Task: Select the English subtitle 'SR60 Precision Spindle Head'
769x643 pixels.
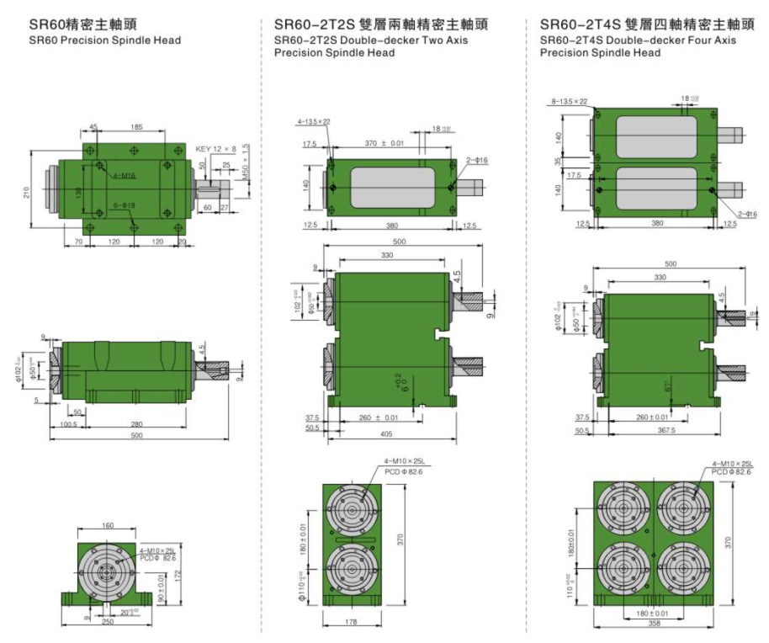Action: click(x=105, y=40)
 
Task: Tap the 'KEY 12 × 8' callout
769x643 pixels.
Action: click(x=216, y=148)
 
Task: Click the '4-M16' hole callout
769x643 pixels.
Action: click(x=124, y=175)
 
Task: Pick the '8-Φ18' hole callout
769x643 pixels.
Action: click(x=123, y=205)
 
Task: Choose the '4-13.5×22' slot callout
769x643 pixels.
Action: click(x=313, y=122)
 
